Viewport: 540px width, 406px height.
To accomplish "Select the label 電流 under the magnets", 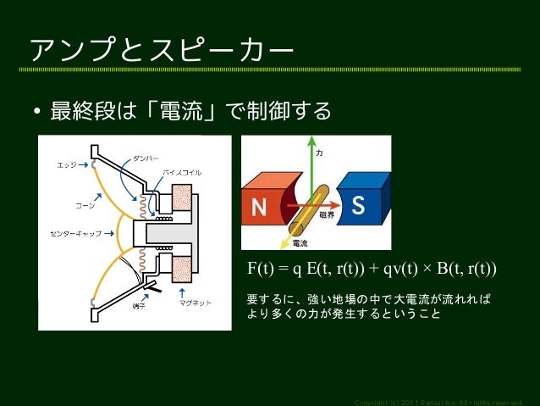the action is point(299,242).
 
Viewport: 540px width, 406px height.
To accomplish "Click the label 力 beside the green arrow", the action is point(319,155).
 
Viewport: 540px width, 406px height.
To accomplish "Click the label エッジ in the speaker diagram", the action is point(67,165).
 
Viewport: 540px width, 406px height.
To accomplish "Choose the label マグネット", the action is point(196,303).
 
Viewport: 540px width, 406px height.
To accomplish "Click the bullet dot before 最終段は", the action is point(37,112).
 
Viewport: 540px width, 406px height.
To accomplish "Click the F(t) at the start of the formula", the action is point(261,269).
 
